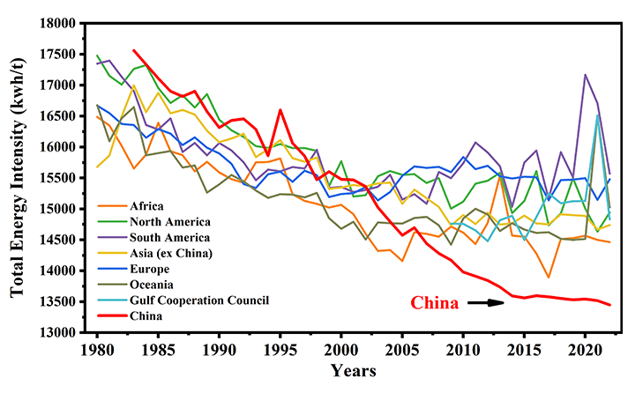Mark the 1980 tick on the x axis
coord(98,348)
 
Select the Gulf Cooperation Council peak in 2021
coord(597,115)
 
